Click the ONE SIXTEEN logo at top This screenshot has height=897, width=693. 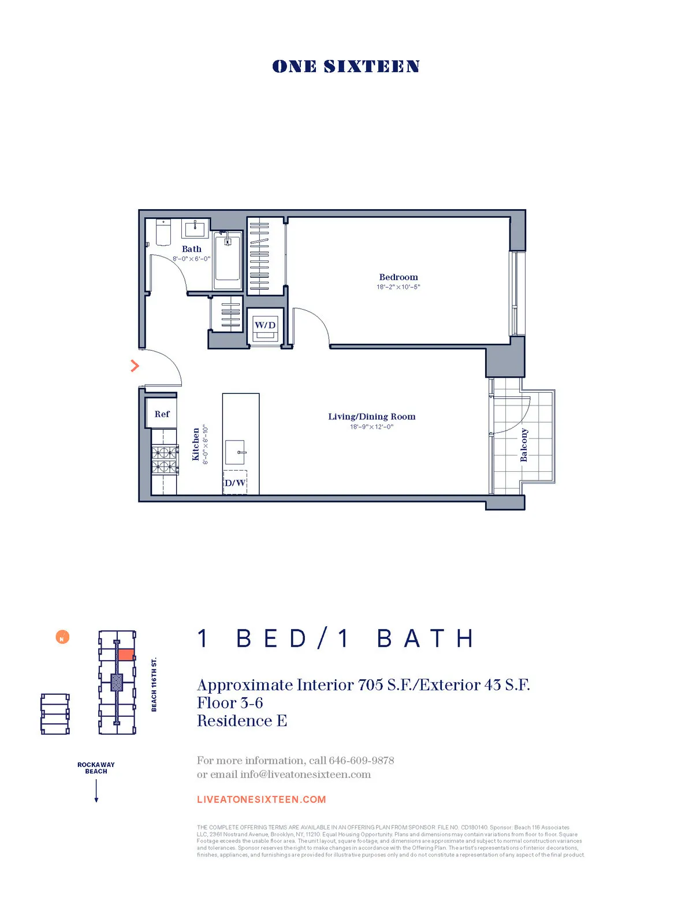[x=346, y=66]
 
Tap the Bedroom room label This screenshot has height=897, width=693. [x=398, y=277]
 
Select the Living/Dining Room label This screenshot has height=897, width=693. [x=371, y=416]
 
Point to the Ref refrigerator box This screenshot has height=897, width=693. [x=162, y=414]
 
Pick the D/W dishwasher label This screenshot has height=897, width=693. [x=235, y=483]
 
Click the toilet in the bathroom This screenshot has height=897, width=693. [x=163, y=232]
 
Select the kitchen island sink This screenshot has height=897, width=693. [x=235, y=452]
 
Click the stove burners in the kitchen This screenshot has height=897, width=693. [x=165, y=460]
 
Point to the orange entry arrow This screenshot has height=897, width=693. [x=135, y=366]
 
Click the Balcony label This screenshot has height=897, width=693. [x=524, y=445]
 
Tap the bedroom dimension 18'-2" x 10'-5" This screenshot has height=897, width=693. [x=398, y=287]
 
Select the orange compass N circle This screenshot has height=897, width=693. [x=62, y=638]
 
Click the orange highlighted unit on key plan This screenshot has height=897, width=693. [x=126, y=655]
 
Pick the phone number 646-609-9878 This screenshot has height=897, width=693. [x=362, y=760]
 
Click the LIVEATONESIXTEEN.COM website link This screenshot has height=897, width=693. [x=262, y=799]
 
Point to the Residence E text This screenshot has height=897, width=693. [x=242, y=721]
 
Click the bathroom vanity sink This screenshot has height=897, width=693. [x=195, y=228]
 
